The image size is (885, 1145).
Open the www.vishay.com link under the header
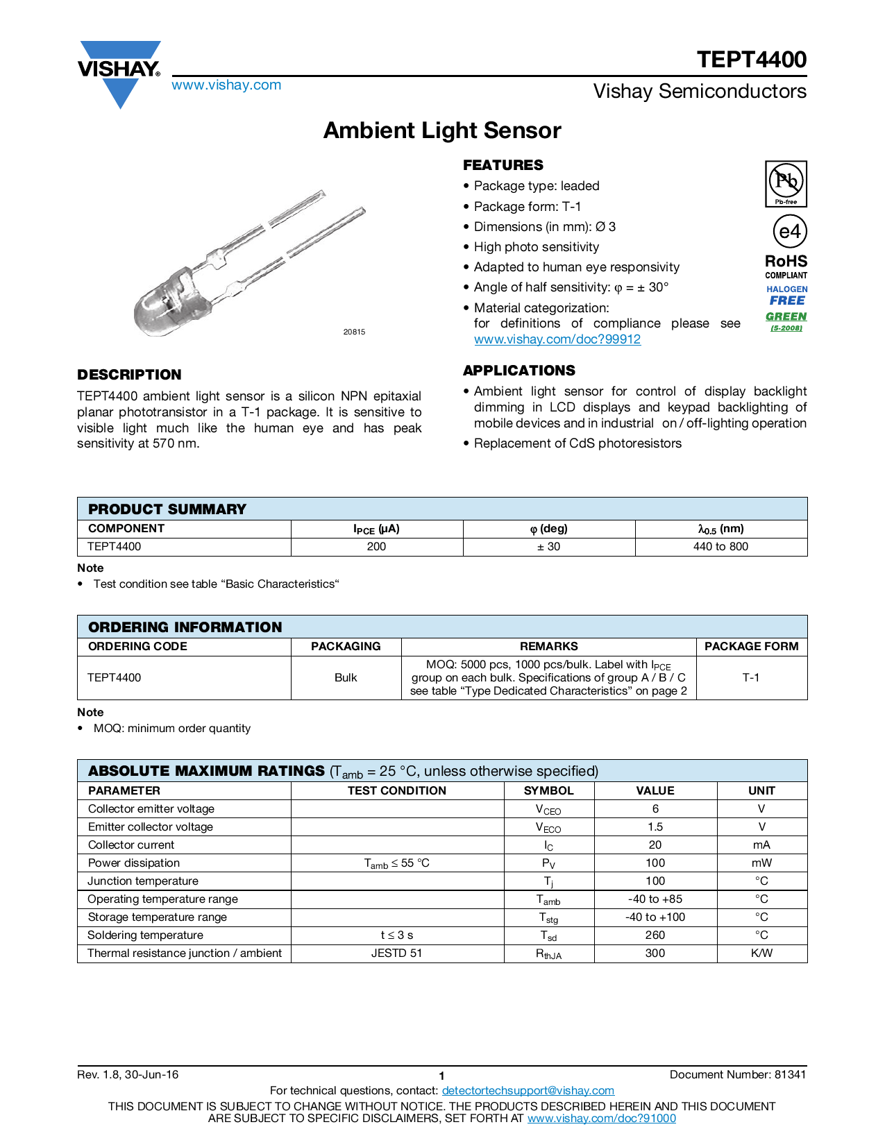[x=226, y=85]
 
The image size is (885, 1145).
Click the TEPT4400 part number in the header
[x=751, y=60]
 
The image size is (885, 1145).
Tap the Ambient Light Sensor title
[x=442, y=130]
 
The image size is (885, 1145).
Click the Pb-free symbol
[x=786, y=183]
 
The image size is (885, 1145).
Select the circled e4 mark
[x=789, y=232]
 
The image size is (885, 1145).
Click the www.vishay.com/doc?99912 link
[x=557, y=339]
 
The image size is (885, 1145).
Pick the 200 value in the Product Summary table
[x=376, y=547]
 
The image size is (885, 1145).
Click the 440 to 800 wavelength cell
[x=720, y=547]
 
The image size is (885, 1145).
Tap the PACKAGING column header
[x=346, y=647]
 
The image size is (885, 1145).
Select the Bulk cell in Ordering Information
[x=346, y=678]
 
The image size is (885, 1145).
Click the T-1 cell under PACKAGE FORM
[x=751, y=678]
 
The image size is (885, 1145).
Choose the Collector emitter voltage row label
[x=151, y=809]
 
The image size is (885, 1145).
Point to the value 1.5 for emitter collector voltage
[x=655, y=827]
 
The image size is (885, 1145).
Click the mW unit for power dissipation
[x=761, y=863]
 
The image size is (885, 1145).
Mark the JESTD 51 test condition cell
[x=396, y=953]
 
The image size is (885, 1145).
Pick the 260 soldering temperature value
[x=655, y=935]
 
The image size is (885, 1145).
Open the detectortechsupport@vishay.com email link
[x=528, y=1091]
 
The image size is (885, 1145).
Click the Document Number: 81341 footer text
[x=737, y=1075]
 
